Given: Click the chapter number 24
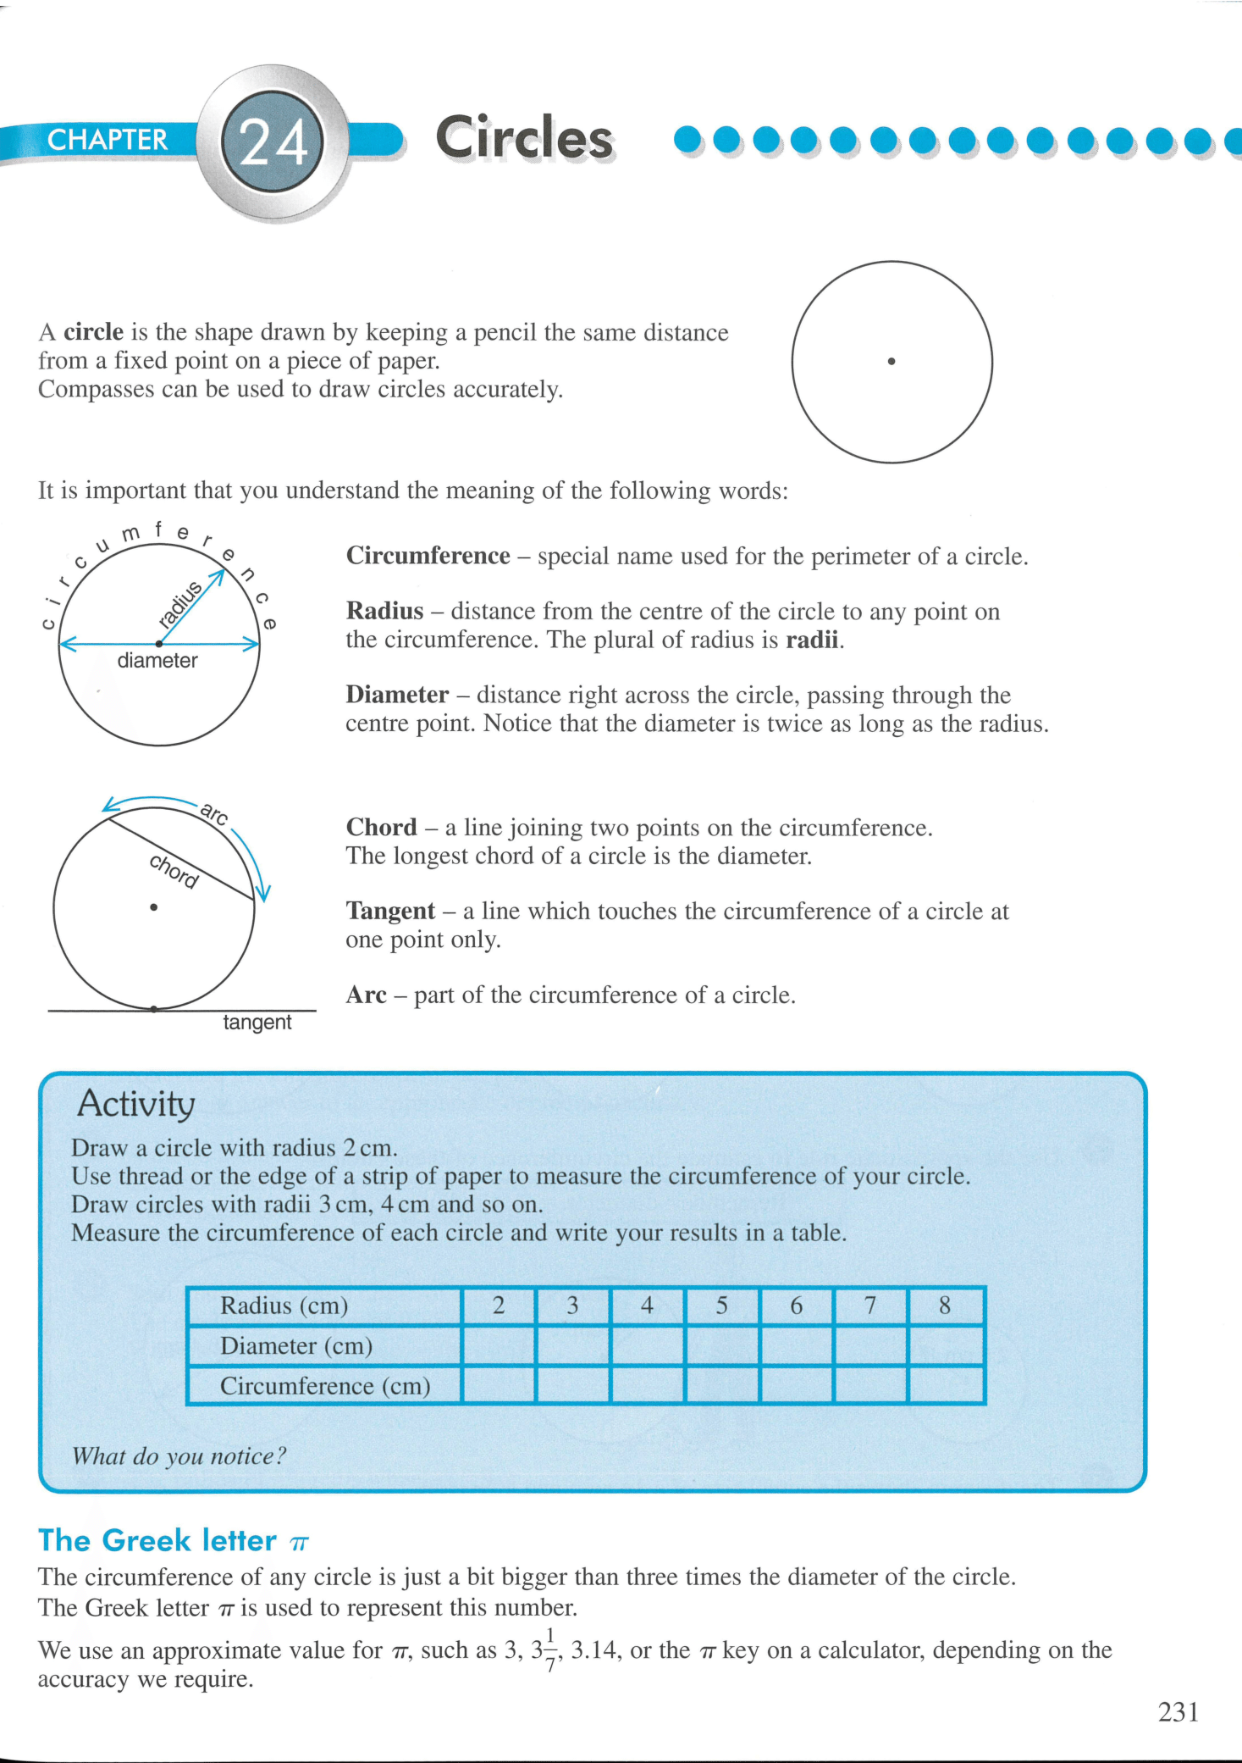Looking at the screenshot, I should (x=273, y=141).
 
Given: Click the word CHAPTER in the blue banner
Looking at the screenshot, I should (x=107, y=140).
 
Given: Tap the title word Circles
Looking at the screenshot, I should (x=524, y=137).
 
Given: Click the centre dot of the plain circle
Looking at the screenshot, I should (x=891, y=362).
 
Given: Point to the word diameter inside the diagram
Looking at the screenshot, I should (x=157, y=661).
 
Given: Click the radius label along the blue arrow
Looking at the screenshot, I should (x=181, y=605).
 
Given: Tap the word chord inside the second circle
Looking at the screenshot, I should (x=174, y=871).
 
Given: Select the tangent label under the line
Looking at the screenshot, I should (x=257, y=1023).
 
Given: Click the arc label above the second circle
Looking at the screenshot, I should (x=213, y=814).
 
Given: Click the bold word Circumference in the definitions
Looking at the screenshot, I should (x=428, y=556).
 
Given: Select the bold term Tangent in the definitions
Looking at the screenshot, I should (x=390, y=911).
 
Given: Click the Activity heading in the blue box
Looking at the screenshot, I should (x=136, y=1104).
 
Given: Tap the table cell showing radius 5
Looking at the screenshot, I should (x=721, y=1306).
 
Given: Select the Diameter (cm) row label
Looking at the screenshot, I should (x=296, y=1345).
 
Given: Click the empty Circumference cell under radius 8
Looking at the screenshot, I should (x=945, y=1385).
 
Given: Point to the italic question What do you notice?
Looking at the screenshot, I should (x=179, y=1456).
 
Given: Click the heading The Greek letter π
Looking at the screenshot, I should (x=174, y=1540).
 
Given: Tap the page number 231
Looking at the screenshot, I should (x=1179, y=1712).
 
